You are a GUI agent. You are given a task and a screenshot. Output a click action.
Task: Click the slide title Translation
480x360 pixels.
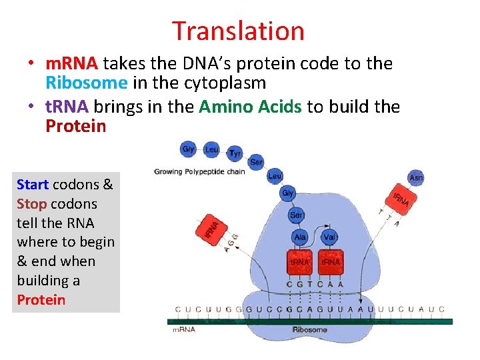[238, 31]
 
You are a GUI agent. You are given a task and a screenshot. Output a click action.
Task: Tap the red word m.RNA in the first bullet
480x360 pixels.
[71, 64]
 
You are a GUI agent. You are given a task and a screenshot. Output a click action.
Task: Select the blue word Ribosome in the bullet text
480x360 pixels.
[86, 83]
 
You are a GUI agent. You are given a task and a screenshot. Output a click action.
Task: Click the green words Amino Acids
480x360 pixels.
[250, 107]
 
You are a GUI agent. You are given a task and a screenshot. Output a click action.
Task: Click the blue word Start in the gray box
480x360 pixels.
[33, 184]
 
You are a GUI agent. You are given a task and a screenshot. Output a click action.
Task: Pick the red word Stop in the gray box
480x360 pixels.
[31, 203]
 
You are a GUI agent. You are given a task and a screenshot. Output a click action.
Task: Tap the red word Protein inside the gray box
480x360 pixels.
[41, 299]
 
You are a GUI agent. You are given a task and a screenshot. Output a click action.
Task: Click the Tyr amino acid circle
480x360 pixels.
[235, 153]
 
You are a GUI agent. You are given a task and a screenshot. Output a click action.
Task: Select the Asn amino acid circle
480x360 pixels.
[415, 177]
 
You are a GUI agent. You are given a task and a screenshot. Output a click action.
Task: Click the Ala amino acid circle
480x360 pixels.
[300, 237]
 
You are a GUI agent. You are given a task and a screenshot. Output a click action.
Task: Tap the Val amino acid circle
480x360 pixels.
[329, 237]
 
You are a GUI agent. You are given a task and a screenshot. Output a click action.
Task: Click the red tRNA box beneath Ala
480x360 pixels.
[300, 262]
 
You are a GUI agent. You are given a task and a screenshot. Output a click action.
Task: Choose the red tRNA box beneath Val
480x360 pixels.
[331, 262]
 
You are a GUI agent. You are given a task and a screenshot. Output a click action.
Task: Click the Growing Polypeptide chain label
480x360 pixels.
[199, 172]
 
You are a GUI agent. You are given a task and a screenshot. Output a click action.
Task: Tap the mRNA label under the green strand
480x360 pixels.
[184, 329]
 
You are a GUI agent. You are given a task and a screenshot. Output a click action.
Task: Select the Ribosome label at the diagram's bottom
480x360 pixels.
[310, 329]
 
